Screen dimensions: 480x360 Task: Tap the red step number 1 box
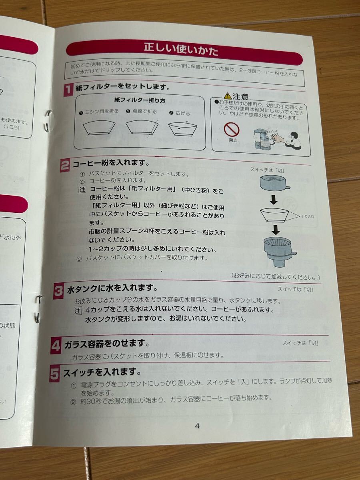68,89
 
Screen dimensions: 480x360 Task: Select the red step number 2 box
65,165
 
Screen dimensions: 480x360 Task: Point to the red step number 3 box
59,292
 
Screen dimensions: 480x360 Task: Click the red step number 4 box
56,346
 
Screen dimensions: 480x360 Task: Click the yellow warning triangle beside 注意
227,96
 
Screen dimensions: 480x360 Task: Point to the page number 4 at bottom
197,426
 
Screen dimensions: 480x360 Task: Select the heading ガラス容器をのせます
107,344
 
